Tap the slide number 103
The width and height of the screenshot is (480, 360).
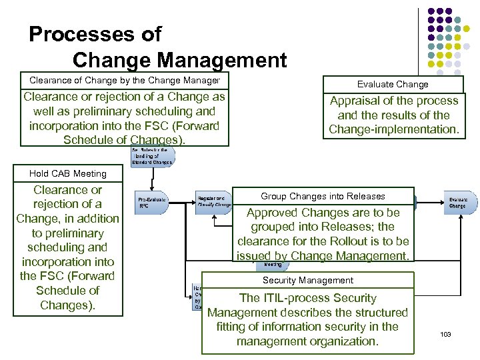[445, 333]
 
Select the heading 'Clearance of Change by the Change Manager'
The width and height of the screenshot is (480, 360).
[125, 80]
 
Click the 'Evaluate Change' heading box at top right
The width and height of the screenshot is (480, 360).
[393, 84]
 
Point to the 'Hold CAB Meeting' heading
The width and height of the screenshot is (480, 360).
[68, 173]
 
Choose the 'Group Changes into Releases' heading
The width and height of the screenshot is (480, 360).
[323, 196]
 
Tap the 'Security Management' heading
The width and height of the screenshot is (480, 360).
[308, 281]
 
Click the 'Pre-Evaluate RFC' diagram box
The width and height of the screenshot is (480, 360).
[152, 203]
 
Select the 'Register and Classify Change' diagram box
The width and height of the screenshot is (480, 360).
[214, 201]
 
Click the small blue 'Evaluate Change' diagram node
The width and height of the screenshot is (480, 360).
[461, 203]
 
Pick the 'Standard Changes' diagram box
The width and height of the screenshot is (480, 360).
[153, 156]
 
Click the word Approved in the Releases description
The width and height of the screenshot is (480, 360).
[273, 213]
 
